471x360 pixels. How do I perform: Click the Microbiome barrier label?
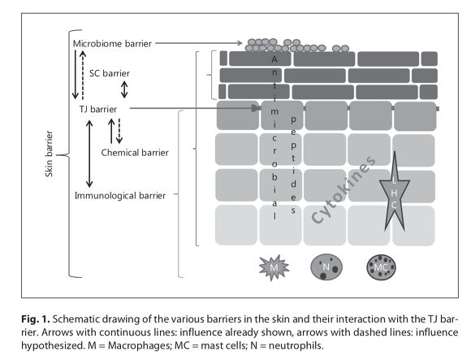(112, 44)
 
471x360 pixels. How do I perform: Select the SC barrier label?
(110, 73)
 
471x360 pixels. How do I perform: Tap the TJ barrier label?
(98, 109)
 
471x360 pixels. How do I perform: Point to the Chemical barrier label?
(135, 153)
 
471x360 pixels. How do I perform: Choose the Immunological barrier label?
(120, 196)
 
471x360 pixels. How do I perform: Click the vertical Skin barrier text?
(49, 154)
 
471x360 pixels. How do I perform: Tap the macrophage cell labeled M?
(274, 267)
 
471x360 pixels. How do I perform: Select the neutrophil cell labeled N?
(326, 267)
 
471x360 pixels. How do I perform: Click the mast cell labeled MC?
(381, 267)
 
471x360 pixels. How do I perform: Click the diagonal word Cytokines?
(344, 190)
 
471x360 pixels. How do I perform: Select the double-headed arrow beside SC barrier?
(124, 89)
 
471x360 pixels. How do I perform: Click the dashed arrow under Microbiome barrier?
(83, 75)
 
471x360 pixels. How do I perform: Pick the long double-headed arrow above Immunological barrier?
(89, 154)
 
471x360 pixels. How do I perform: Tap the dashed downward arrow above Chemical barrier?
(119, 131)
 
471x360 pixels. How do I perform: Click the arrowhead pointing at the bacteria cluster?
(240, 43)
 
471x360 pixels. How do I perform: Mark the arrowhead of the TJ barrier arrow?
(255, 108)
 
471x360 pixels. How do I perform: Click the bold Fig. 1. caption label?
(36, 319)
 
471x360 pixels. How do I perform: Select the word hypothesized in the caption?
(53, 345)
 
